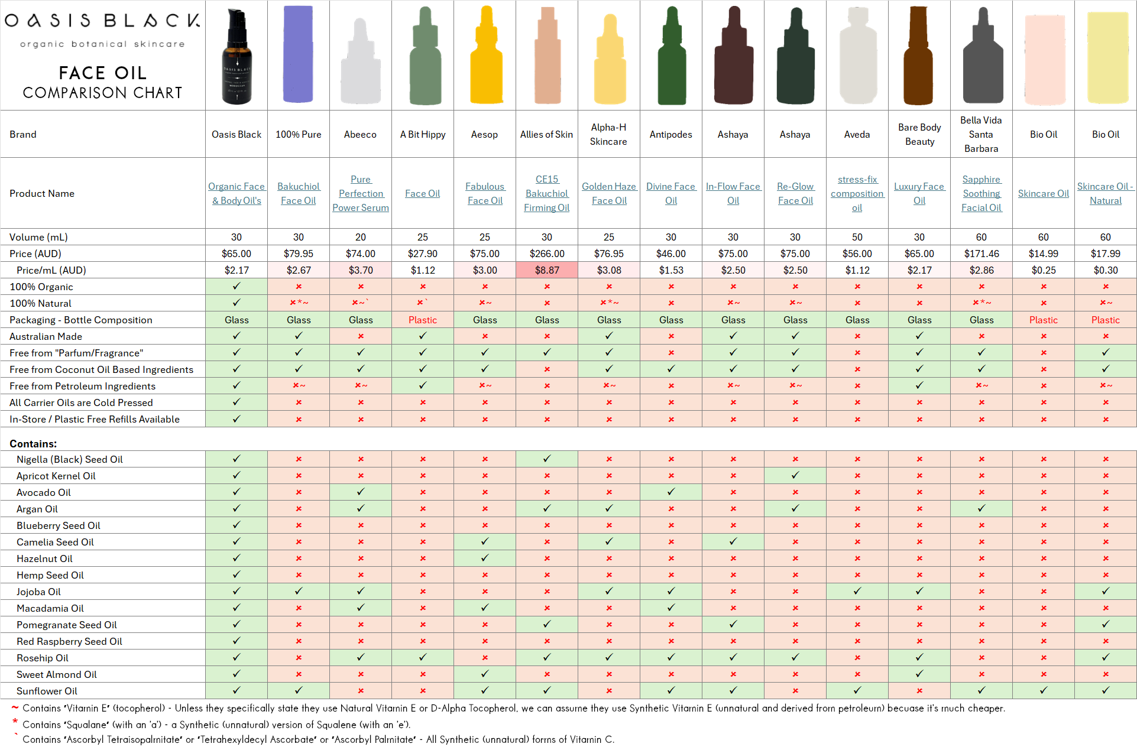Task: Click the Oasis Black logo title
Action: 102,21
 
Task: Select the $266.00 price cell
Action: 546,254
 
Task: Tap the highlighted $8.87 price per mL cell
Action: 546,270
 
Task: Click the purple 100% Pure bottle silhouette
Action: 298,54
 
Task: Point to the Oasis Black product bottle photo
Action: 237,57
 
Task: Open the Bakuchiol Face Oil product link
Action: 298,193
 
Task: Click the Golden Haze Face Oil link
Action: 608,193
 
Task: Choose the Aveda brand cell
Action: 857,134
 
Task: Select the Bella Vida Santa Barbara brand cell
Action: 981,134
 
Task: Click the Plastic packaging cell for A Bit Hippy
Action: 422,320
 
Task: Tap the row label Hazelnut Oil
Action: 44,559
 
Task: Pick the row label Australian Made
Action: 46,336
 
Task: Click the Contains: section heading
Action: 33,444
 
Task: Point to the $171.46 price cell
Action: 981,254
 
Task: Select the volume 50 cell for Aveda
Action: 857,237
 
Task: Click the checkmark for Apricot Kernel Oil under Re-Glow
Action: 795,475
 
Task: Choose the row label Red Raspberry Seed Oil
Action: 69,641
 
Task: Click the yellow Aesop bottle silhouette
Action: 485,56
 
